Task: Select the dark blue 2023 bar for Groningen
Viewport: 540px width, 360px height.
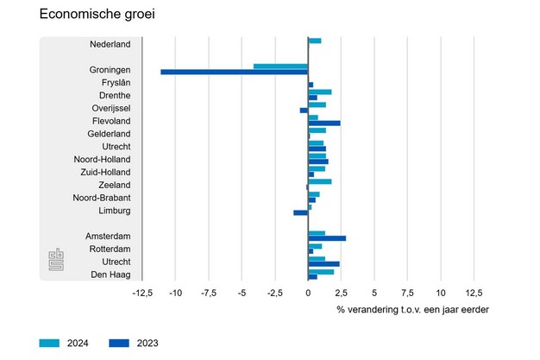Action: click(x=234, y=72)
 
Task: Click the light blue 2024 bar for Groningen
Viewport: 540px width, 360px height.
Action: click(x=280, y=66)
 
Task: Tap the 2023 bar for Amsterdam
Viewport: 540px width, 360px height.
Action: click(x=327, y=238)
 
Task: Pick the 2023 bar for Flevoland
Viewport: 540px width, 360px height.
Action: click(x=324, y=123)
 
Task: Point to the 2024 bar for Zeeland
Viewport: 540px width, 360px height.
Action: click(x=320, y=181)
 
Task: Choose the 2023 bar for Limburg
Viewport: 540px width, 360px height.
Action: click(x=300, y=212)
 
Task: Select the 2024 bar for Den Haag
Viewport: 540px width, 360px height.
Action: click(x=321, y=272)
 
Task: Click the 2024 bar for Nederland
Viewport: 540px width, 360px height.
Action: click(x=315, y=41)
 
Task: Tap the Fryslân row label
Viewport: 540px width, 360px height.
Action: click(x=116, y=82)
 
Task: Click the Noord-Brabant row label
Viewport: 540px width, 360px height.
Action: click(x=102, y=197)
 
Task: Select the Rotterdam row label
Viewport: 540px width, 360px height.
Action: click(x=109, y=249)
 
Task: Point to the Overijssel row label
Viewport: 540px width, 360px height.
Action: click(x=111, y=107)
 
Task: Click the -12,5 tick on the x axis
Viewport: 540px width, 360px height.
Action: click(x=142, y=293)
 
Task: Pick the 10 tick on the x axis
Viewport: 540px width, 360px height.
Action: click(x=440, y=293)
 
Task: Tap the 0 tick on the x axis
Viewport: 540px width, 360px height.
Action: click(x=308, y=293)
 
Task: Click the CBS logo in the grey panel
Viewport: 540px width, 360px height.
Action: click(x=56, y=260)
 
